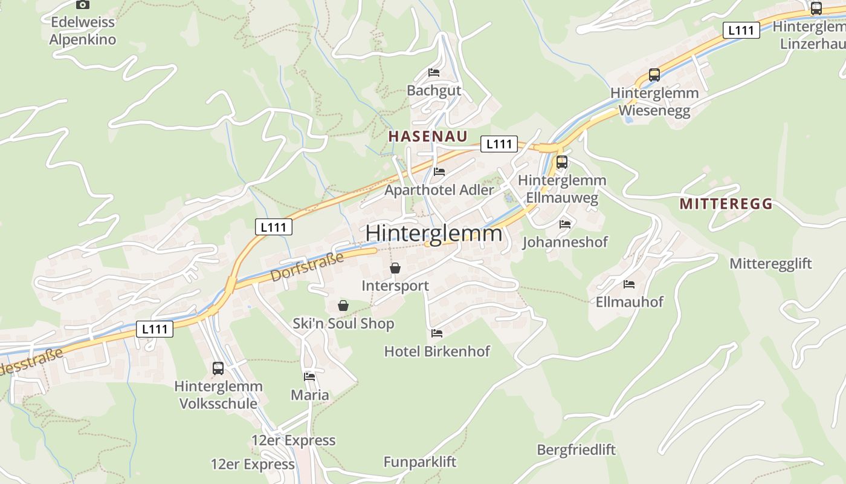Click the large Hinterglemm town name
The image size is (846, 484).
click(x=433, y=233)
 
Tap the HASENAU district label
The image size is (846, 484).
click(x=428, y=136)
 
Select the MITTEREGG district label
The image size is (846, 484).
click(x=726, y=204)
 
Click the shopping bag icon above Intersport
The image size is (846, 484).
click(x=395, y=268)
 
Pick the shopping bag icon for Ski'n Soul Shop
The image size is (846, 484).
click(x=343, y=306)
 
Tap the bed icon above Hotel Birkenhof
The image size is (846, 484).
click(x=437, y=333)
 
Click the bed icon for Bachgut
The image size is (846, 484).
click(x=434, y=73)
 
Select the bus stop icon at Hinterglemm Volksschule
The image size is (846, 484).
click(x=218, y=368)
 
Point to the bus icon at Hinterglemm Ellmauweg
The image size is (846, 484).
click(x=562, y=162)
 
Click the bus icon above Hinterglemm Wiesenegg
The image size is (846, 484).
click(x=654, y=75)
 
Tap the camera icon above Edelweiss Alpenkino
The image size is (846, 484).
click(x=83, y=4)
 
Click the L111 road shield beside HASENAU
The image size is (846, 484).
click(x=499, y=144)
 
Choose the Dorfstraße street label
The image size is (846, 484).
click(x=307, y=267)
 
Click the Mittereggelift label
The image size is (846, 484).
click(x=770, y=264)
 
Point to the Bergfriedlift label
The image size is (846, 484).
click(x=576, y=450)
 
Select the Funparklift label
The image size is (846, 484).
click(x=420, y=462)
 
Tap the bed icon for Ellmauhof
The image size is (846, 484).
click(x=629, y=284)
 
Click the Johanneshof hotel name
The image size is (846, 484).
click(x=565, y=242)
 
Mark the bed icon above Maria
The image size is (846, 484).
click(x=310, y=376)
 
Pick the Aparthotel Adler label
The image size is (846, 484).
click(x=439, y=190)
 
